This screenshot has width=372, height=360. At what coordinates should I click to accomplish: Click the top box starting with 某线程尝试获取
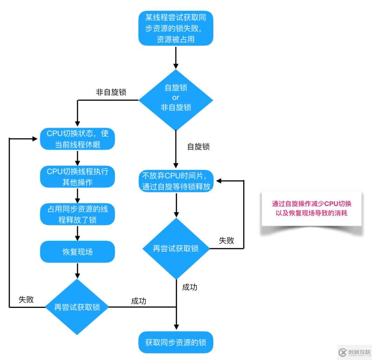pyautogui.click(x=176, y=28)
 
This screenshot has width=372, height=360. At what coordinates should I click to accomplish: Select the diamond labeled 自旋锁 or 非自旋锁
pyautogui.click(x=176, y=98)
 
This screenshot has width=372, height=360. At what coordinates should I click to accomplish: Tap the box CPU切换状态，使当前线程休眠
pyautogui.click(x=77, y=139)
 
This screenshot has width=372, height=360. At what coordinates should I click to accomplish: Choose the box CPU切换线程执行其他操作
pyautogui.click(x=77, y=177)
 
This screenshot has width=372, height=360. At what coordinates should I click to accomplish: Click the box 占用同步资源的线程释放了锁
pyautogui.click(x=77, y=214)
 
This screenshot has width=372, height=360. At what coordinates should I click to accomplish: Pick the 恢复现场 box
pyautogui.click(x=77, y=252)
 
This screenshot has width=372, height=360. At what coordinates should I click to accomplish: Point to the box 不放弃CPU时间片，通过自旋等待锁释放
pyautogui.click(x=176, y=181)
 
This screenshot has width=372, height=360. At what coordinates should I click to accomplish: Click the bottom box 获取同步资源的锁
pyautogui.click(x=176, y=343)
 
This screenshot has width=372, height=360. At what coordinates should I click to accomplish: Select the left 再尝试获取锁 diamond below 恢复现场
pyautogui.click(x=77, y=307)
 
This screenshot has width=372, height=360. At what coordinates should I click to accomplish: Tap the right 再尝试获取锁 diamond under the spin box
pyautogui.click(x=176, y=249)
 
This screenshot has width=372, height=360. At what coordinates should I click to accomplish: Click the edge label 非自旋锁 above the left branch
pyautogui.click(x=111, y=92)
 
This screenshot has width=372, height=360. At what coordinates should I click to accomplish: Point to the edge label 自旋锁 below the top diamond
pyautogui.click(x=198, y=147)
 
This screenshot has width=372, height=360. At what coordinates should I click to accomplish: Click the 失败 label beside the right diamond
pyautogui.click(x=227, y=241)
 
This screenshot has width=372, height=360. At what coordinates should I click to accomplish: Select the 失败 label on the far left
pyautogui.click(x=26, y=300)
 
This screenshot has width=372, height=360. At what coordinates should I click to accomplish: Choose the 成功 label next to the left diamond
pyautogui.click(x=138, y=301)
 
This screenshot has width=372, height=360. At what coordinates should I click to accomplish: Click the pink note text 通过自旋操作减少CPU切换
pyautogui.click(x=311, y=203)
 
